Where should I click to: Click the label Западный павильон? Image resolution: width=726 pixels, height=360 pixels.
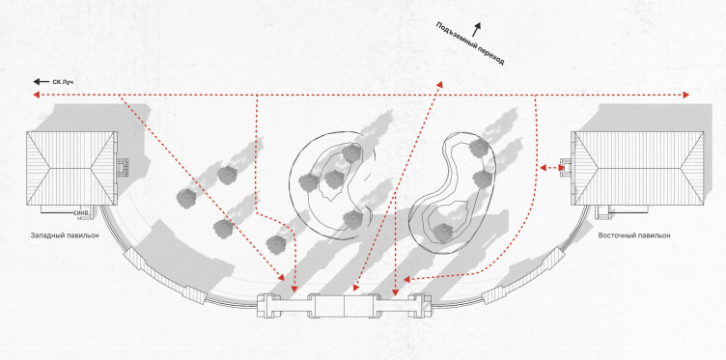(65, 235)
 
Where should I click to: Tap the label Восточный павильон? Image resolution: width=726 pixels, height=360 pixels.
(634, 235)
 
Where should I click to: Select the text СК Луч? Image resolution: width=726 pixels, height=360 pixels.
(63, 82)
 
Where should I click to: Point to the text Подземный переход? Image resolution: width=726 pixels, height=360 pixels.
(469, 43)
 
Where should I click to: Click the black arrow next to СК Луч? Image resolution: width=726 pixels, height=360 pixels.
(42, 82)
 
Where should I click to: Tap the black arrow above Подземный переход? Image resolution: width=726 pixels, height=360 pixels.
(476, 29)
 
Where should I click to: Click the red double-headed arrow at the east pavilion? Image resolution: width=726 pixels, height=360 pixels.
(552, 168)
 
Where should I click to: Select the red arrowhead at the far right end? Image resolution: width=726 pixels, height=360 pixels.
(686, 95)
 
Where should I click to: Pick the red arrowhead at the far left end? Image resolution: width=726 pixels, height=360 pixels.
(36, 95)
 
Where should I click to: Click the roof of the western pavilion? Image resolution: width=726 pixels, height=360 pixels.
(70, 168)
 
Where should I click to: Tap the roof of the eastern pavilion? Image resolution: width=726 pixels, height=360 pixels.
(638, 168)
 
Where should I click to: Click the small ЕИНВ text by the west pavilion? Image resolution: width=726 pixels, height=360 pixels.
(80, 213)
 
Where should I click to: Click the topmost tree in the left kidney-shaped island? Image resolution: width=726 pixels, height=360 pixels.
(351, 152)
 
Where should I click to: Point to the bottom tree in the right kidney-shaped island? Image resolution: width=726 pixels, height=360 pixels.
(443, 233)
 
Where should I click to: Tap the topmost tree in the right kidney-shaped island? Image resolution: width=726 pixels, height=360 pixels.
(478, 148)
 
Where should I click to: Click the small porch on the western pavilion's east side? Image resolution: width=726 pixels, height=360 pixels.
(123, 169)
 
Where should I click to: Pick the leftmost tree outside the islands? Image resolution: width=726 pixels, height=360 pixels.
(186, 198)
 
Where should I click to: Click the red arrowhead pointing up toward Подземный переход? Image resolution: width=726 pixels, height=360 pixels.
(439, 85)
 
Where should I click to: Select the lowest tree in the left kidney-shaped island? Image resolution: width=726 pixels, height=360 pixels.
(353, 219)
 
